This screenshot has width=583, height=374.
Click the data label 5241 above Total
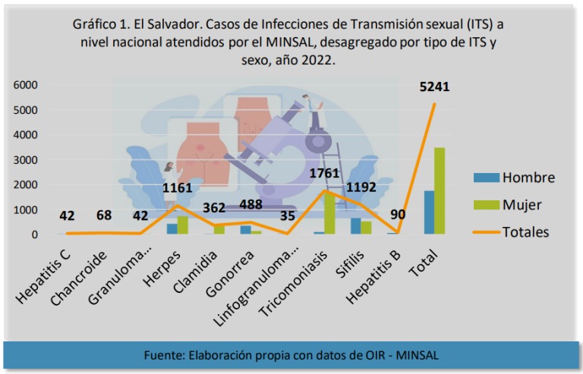click(x=434, y=86)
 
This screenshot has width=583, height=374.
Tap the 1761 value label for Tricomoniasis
click(x=325, y=173)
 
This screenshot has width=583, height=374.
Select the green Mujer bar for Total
click(x=440, y=191)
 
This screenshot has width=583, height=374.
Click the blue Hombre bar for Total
click(x=430, y=212)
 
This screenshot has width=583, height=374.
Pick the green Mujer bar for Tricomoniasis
click(x=329, y=213)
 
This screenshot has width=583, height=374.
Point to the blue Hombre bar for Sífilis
click(x=355, y=226)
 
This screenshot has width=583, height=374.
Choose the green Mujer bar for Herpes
click(x=182, y=225)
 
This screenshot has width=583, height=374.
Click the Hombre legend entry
click(x=514, y=178)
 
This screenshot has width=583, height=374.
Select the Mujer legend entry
click(x=508, y=205)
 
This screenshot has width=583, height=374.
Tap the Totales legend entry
click(x=511, y=231)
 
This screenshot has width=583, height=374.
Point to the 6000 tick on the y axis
click(x=26, y=85)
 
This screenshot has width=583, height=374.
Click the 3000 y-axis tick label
click(x=26, y=160)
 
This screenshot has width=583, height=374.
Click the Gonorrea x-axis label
click(x=230, y=274)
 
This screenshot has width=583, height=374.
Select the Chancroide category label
click(x=78, y=278)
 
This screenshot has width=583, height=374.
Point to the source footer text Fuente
click(x=164, y=355)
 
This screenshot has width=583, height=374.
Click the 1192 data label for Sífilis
click(x=361, y=187)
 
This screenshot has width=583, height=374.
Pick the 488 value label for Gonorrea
click(x=251, y=205)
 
